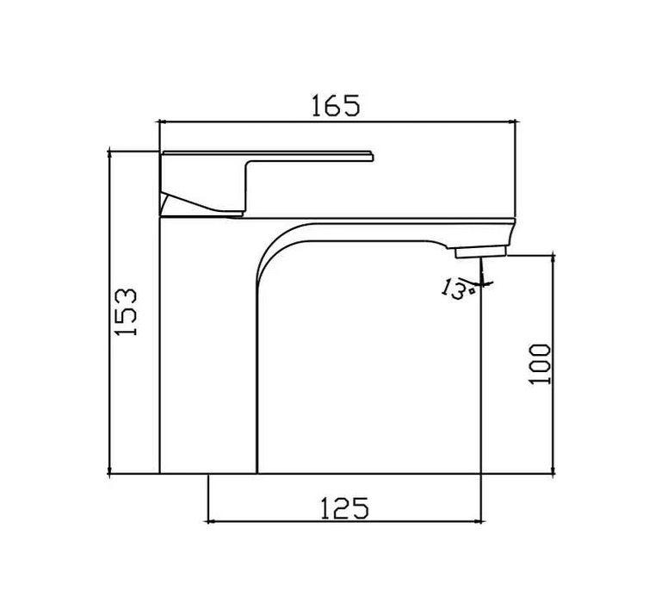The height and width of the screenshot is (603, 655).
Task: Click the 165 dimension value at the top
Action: point(335,105)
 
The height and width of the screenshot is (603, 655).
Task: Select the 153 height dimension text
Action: point(127,312)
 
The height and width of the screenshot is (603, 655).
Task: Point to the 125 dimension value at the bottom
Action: point(344,507)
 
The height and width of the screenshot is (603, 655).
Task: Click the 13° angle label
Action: point(457,289)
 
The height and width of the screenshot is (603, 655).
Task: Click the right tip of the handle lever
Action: point(373,156)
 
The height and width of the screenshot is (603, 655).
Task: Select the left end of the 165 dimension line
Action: point(161,121)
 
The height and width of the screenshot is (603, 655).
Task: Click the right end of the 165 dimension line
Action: point(515,121)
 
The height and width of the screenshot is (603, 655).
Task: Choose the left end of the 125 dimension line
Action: point(209,521)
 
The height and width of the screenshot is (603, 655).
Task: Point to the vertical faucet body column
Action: point(208,345)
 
